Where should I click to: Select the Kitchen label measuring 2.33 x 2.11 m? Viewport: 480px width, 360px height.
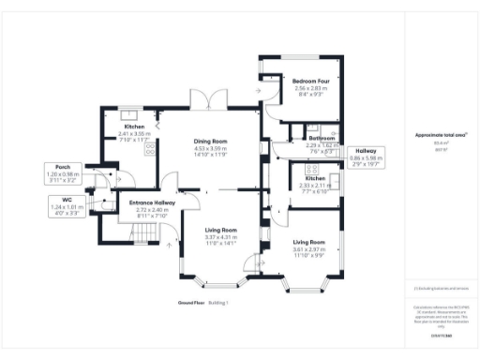pos(314,178)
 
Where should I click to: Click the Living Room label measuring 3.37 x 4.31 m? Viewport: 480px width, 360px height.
pos(221,230)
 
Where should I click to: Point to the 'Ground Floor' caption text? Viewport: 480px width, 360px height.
pos(191,303)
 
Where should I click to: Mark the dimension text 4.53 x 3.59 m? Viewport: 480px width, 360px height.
pos(211,148)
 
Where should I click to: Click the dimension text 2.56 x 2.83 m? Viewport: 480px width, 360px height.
pos(308,88)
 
